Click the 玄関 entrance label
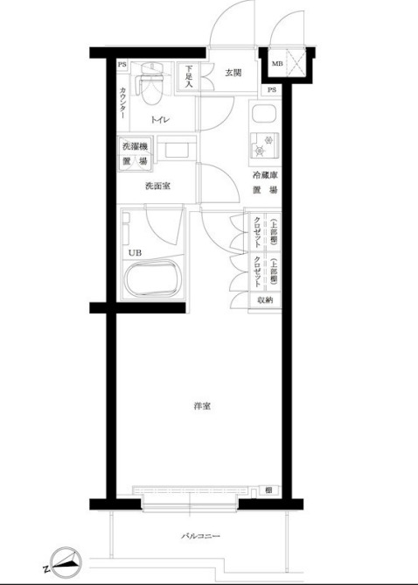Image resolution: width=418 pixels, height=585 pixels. tap(232, 73)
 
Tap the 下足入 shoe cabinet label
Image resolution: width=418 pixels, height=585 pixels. tap(189, 77)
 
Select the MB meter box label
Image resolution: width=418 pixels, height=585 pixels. tap(277, 64)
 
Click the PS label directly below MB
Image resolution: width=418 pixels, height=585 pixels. tap(272, 90)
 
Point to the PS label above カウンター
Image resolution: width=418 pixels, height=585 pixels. tap(122, 65)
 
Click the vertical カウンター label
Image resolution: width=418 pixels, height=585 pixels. tap(122, 103)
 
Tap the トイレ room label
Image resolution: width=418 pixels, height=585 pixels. tap(160, 120)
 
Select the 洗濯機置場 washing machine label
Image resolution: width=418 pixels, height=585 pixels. tap(135, 155)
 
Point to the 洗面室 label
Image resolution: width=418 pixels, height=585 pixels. tap(157, 186)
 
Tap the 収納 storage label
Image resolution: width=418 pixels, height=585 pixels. tap(265, 300)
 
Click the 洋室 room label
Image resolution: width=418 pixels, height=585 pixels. tap(203, 406)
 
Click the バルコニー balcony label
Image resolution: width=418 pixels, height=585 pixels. tap(200, 536)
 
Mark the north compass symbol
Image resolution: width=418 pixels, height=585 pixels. tap(66, 560)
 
